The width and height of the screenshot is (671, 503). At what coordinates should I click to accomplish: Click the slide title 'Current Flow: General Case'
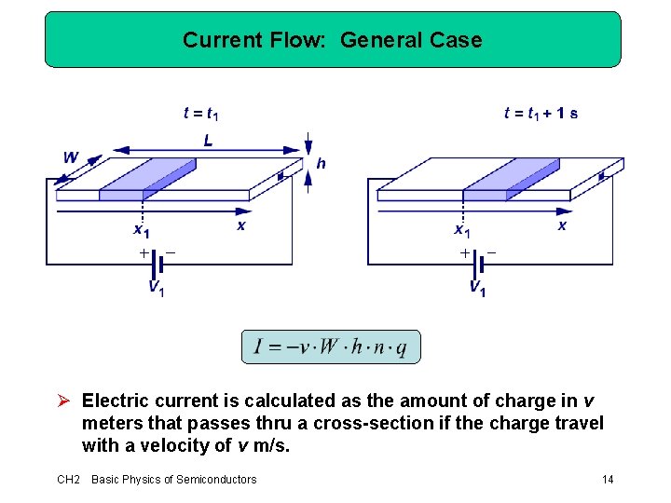click(x=332, y=40)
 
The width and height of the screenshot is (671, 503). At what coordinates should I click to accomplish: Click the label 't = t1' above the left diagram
click(x=200, y=114)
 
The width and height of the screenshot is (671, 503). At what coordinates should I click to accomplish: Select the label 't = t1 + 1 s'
click(x=540, y=114)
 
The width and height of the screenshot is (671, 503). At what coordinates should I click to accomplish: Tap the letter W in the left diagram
click(x=71, y=157)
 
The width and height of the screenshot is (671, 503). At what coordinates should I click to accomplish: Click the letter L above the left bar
click(x=207, y=141)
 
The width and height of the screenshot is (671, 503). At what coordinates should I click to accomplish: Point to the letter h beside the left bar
click(x=321, y=163)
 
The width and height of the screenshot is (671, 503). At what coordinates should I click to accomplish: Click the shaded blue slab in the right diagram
click(x=510, y=179)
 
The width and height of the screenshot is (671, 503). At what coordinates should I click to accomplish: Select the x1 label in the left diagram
click(x=141, y=230)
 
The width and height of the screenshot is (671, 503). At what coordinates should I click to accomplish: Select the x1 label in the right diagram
click(x=461, y=230)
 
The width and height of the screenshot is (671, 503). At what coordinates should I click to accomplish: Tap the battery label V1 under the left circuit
click(x=156, y=289)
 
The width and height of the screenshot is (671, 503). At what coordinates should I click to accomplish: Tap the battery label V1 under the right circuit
click(x=476, y=289)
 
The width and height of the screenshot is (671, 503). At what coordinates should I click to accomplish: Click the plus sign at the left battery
click(x=143, y=252)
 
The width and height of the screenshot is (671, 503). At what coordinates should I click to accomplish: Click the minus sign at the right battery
click(x=492, y=252)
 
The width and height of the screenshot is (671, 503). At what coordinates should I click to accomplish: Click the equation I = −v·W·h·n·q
click(x=331, y=347)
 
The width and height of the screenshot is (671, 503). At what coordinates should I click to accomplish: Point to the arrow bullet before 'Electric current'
click(x=64, y=401)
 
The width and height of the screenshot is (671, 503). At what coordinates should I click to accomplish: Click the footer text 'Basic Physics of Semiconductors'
click(x=173, y=480)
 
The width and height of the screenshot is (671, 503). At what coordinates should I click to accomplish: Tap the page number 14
click(x=608, y=480)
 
